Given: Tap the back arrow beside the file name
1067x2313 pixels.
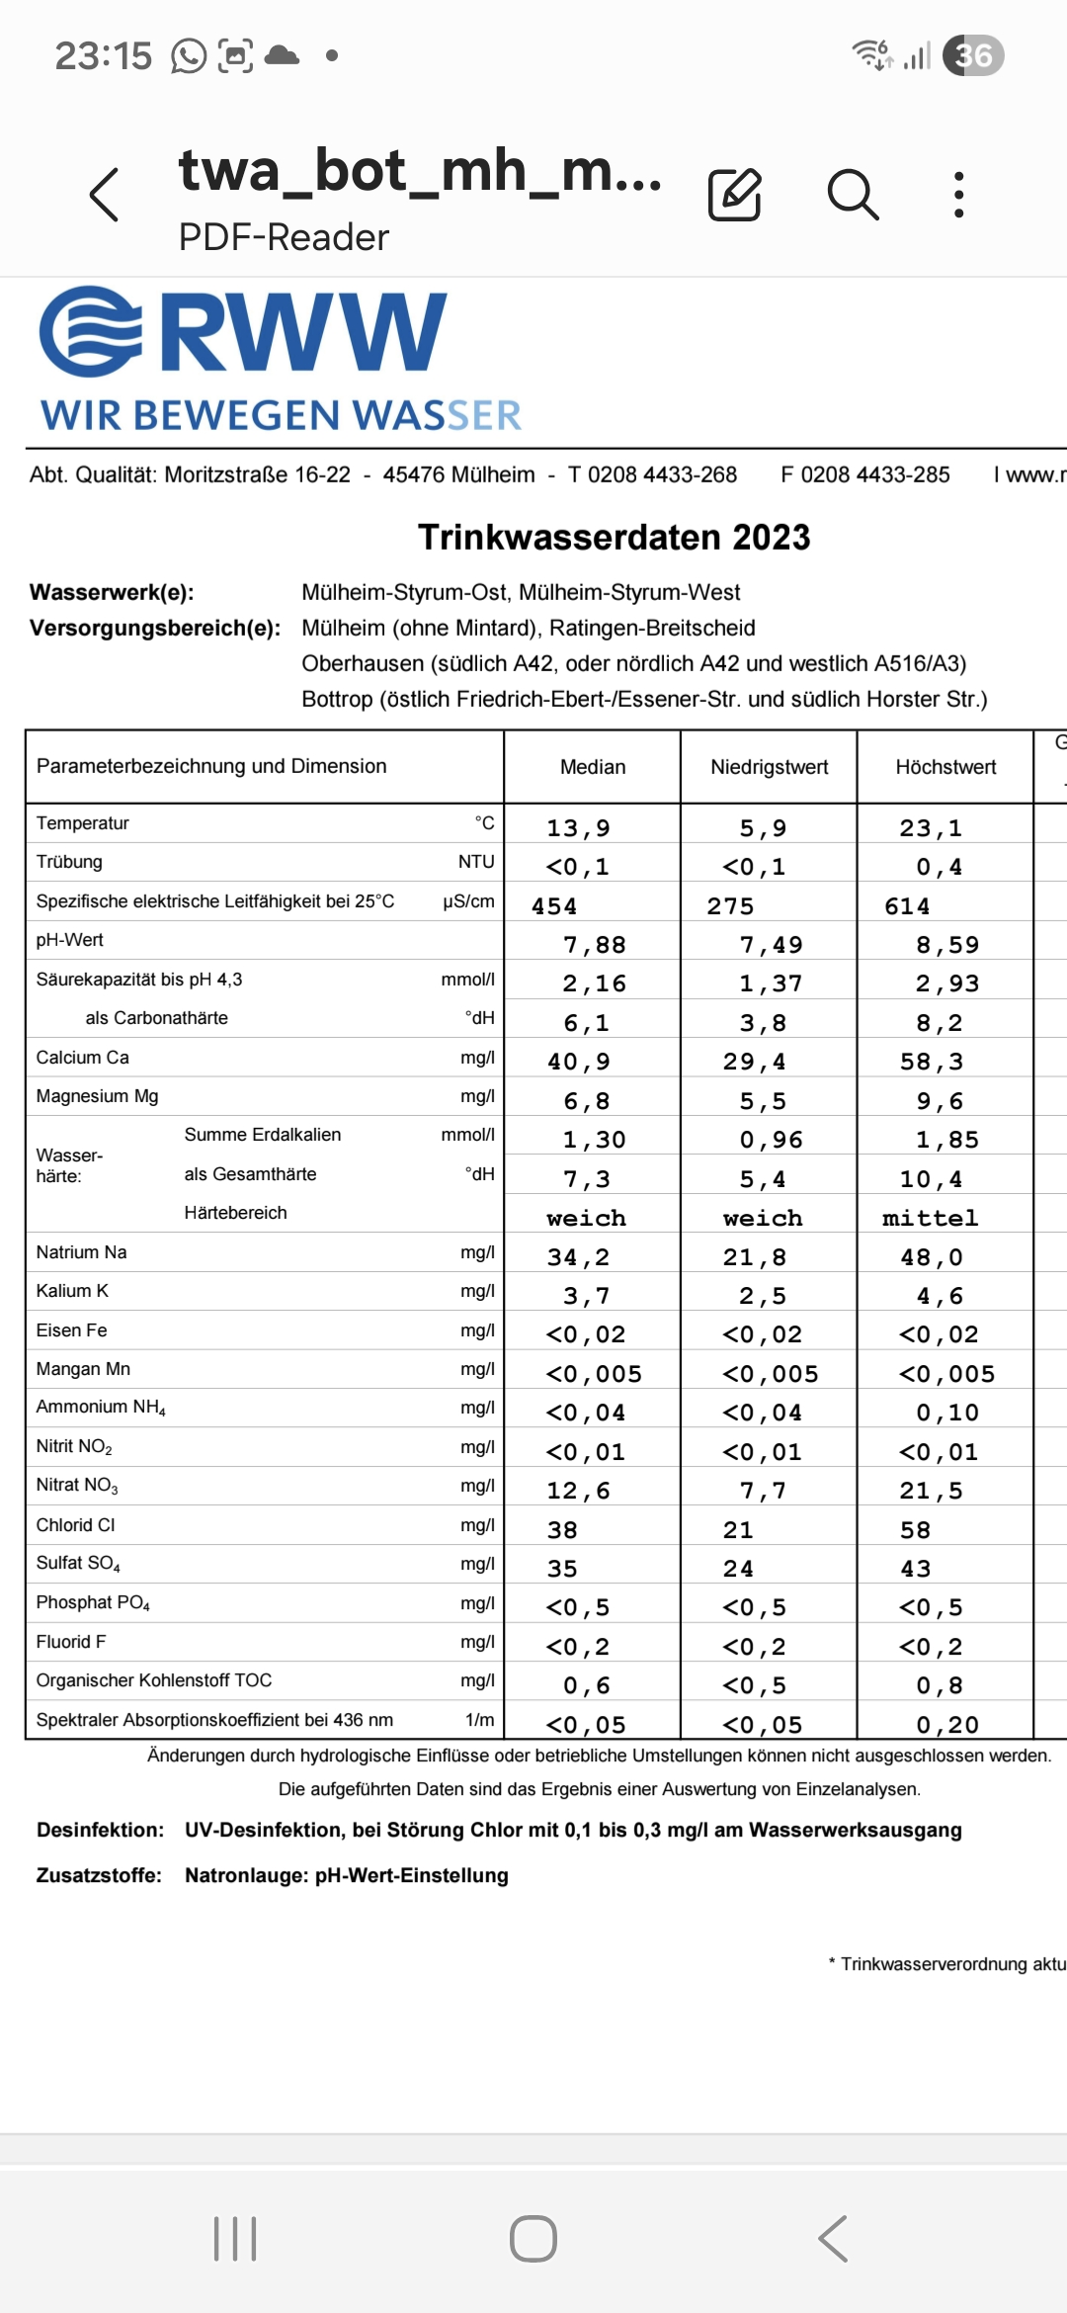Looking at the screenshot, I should click(x=105, y=194).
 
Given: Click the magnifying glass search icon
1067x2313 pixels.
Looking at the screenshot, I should click(x=853, y=194).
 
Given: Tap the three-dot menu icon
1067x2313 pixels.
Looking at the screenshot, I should click(x=958, y=194).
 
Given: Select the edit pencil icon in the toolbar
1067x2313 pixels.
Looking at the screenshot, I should click(x=735, y=194).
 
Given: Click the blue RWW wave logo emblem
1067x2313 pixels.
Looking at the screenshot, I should click(x=91, y=331).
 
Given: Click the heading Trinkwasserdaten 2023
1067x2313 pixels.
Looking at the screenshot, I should click(x=614, y=537).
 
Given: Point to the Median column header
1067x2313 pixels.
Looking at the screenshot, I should click(x=593, y=767).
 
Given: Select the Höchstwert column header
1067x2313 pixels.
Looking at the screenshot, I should click(x=945, y=767).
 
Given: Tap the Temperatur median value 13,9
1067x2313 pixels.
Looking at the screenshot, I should click(x=578, y=827).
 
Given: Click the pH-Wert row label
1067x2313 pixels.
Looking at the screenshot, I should click(x=70, y=940).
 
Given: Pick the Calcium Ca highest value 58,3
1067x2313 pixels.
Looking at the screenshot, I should click(x=931, y=1062).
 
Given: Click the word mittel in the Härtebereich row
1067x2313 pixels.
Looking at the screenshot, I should click(x=930, y=1218).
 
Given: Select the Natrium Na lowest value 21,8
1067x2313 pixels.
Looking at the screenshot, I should click(x=754, y=1256).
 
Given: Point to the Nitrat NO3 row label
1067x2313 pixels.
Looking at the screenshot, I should click(x=77, y=1486).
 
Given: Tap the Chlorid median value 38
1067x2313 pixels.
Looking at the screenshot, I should click(x=562, y=1530).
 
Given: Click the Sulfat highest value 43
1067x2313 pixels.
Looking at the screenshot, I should click(x=915, y=1569).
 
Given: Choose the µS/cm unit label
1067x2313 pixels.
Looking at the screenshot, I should click(x=468, y=901).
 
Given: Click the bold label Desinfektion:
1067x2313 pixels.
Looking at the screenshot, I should click(x=100, y=1830).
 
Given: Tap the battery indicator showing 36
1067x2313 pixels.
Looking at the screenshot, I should click(x=973, y=55).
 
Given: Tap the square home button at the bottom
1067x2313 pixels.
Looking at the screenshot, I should click(x=533, y=2239).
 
